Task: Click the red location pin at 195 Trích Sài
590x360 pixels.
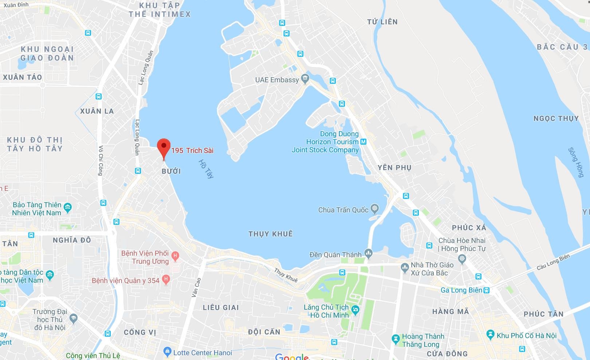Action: (164, 147)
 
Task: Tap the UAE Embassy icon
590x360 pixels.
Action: (305, 79)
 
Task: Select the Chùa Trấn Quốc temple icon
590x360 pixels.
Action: (374, 209)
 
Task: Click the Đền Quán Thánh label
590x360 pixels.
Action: (335, 254)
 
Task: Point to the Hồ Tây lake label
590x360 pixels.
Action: (206, 169)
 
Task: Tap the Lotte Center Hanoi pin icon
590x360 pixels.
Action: (167, 352)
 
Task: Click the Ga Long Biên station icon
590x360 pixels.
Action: (486, 290)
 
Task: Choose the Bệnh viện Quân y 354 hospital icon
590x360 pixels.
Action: (166, 280)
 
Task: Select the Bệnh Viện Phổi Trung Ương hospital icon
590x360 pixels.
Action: (175, 256)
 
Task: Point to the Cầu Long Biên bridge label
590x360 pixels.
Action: (553, 262)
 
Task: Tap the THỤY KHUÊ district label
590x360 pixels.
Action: (270, 234)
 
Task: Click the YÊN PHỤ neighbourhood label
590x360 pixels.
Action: (394, 168)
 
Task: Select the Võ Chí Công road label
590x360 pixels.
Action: (100, 160)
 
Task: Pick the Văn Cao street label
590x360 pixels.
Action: (196, 287)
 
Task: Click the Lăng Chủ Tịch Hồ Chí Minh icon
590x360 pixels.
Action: (356, 310)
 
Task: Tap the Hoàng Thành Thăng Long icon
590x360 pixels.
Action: (396, 340)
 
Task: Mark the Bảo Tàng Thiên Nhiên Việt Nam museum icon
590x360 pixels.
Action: (67, 208)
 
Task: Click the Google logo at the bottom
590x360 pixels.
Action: (292, 357)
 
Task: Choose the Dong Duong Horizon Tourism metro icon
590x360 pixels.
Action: (363, 141)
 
